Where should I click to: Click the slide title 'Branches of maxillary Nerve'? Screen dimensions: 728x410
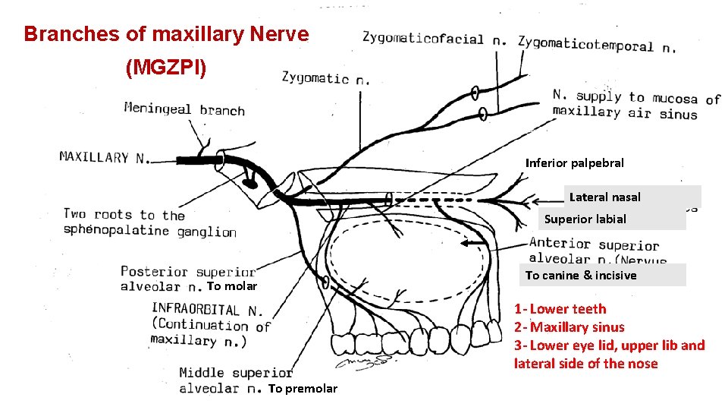coord(166,34)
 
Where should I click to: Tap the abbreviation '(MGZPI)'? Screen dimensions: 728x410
coord(165,68)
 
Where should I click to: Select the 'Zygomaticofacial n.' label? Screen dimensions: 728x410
coord(435,38)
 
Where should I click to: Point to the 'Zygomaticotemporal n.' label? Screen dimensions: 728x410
coord(596,44)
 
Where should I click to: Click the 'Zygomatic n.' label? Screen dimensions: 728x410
coord(326,77)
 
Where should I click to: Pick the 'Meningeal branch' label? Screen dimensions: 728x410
coord(184,109)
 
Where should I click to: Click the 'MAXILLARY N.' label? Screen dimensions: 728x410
coord(103,158)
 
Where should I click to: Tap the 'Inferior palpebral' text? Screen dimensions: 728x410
coord(574,162)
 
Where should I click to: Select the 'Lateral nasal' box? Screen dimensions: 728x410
coord(604,197)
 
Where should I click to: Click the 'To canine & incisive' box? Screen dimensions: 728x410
coord(581,276)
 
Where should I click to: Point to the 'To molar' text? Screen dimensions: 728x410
coord(232,286)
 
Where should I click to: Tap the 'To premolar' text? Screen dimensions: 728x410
coord(303,389)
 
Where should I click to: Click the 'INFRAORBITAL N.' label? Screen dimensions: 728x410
coord(207,310)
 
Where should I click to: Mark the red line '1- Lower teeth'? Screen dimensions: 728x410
coord(560,309)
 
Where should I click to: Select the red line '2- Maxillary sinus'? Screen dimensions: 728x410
coord(570,327)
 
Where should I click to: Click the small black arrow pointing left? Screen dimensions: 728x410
coord(475,244)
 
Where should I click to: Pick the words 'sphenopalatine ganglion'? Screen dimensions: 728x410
coord(150,232)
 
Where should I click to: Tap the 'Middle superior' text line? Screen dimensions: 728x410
coord(236,373)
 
